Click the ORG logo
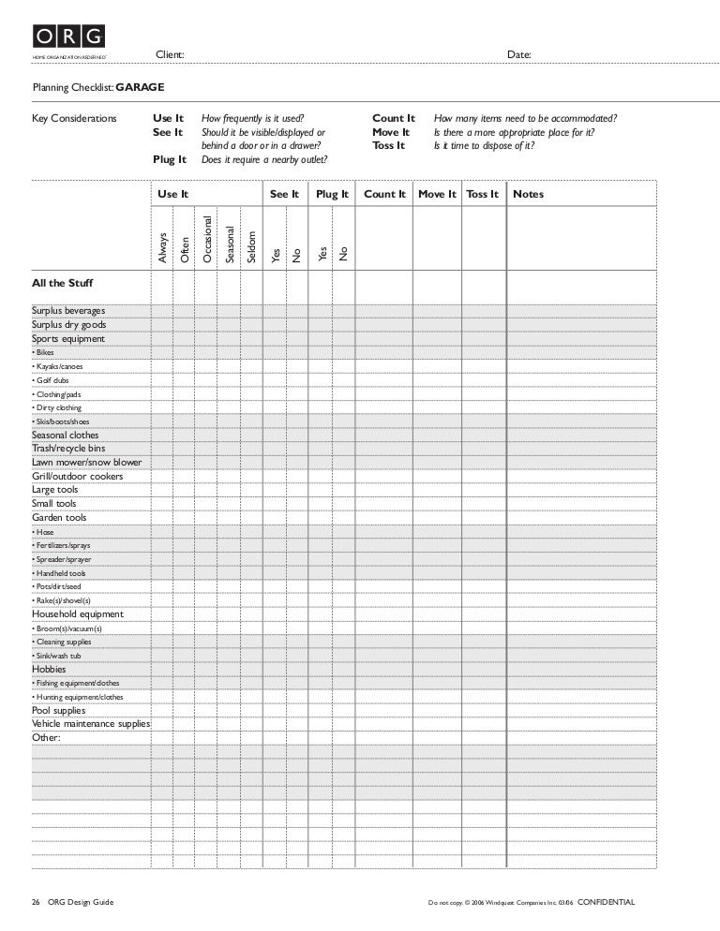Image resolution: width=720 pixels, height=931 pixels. tap(69, 37)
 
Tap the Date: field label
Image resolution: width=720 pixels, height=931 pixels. tap(519, 55)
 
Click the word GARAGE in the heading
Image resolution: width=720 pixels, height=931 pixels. tap(140, 87)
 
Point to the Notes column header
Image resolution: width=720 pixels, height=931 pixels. tap(528, 195)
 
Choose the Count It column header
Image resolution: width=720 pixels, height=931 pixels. tap(384, 195)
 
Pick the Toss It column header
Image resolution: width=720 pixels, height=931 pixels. tap(482, 195)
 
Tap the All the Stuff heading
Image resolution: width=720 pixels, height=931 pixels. tap(62, 282)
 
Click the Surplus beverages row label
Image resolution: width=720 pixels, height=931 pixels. tap(68, 311)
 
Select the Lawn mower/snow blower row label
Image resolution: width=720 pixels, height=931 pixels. tap(87, 463)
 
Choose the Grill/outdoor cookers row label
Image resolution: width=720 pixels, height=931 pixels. tap(77, 477)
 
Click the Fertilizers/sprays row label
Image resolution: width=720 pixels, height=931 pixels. tap(61, 545)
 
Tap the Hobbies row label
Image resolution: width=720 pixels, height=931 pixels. tap(49, 670)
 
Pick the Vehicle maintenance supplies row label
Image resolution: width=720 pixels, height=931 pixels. tap(91, 724)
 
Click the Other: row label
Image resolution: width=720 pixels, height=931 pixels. tap(46, 738)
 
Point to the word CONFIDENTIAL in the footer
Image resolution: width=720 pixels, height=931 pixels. tap(606, 903)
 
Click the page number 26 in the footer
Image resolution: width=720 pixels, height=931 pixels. tap(35, 903)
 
